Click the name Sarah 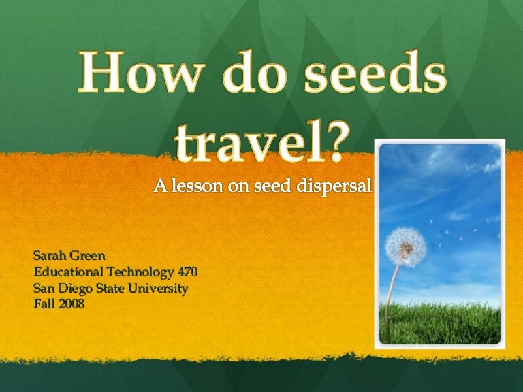pyautogui.click(x=50, y=257)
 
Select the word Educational pyautogui.click(x=69, y=272)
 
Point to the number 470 pyautogui.click(x=186, y=272)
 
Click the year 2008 pyautogui.click(x=71, y=304)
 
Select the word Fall pyautogui.click(x=44, y=304)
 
